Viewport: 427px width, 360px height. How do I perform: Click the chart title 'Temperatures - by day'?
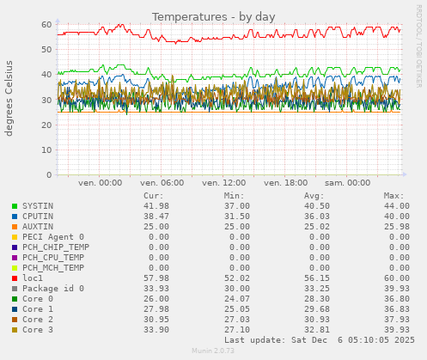[213, 17]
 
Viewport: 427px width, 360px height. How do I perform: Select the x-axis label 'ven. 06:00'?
[162, 183]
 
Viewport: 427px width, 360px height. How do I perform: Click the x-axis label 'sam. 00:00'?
[348, 183]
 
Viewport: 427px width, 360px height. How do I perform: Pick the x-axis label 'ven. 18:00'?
[286, 183]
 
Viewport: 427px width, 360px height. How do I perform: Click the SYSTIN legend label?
[39, 206]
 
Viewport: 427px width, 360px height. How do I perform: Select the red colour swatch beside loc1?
[14, 278]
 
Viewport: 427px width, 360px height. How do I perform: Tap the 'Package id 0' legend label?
[53, 289]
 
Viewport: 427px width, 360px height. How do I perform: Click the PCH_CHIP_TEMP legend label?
[56, 247]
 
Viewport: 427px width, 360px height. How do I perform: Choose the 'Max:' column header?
[393, 196]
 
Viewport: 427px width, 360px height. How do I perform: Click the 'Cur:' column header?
[154, 196]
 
